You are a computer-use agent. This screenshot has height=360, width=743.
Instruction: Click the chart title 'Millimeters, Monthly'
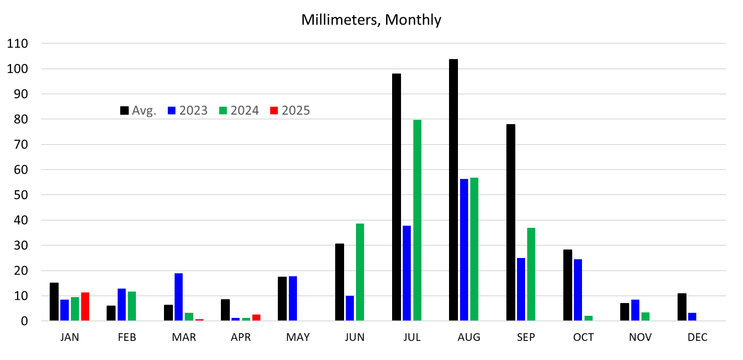[371, 20]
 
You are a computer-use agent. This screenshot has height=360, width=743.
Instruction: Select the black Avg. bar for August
[453, 190]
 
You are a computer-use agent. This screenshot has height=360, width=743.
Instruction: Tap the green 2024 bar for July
[417, 220]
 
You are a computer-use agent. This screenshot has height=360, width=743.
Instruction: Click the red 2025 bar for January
[85, 306]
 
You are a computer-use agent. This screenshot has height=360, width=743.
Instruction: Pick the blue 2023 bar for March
[178, 297]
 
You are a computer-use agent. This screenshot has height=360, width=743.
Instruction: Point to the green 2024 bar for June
[360, 272]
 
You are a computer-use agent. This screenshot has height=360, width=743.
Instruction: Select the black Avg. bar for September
[511, 222]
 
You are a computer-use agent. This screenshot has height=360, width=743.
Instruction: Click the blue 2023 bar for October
[578, 289]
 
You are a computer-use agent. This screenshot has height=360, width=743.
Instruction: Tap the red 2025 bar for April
[256, 317]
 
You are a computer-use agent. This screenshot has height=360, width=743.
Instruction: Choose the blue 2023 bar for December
[692, 317]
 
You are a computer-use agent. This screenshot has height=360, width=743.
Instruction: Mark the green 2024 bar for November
[645, 316]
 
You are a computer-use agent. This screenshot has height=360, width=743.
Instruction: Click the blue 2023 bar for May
[293, 298]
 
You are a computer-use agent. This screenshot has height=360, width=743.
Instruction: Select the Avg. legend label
[144, 111]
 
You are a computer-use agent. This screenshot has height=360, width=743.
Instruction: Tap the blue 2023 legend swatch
[172, 111]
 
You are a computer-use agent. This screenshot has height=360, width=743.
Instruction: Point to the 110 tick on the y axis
[17, 43]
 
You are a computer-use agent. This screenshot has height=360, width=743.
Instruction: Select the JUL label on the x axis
[412, 337]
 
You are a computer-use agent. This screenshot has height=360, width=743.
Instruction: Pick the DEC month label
[697, 337]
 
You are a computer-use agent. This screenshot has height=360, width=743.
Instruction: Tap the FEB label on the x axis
[127, 337]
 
